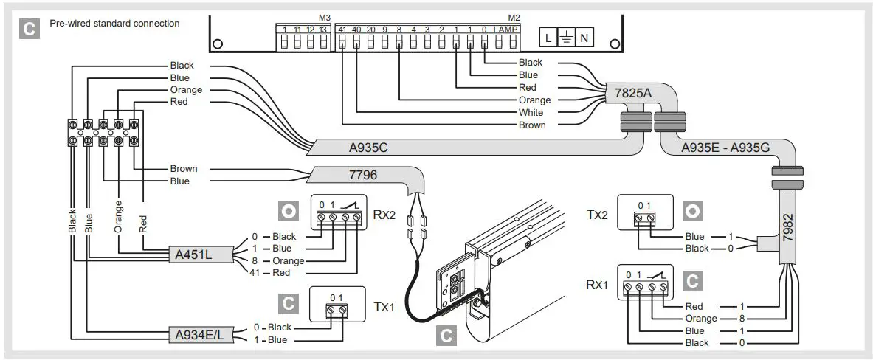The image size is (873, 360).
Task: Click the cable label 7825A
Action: [x=628, y=94]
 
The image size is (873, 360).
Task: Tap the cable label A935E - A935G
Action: [x=725, y=147]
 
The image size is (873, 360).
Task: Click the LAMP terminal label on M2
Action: [x=505, y=29]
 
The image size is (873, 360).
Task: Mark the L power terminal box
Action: [x=548, y=38]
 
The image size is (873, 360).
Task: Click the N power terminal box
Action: [x=584, y=38]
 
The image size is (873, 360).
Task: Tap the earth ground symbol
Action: [x=565, y=38]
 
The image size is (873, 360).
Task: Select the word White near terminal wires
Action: [x=531, y=113]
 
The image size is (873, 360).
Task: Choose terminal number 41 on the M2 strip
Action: [x=341, y=29]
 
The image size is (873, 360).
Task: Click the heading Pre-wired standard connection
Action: [x=114, y=24]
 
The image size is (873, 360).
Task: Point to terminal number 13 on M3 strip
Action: [x=322, y=29]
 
